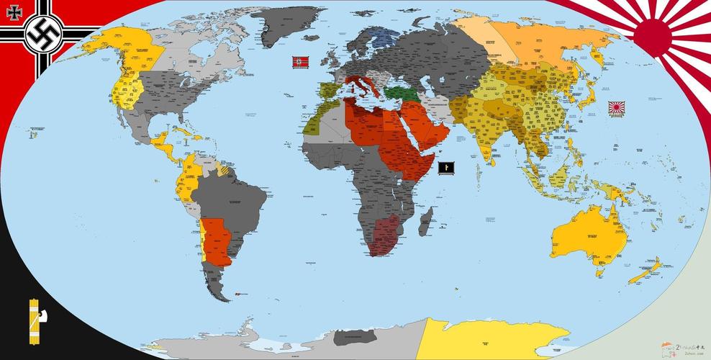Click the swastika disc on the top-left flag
(x=41, y=33)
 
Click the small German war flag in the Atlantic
(x=299, y=63)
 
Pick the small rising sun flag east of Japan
(x=617, y=108)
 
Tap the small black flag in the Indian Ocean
(x=446, y=168)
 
